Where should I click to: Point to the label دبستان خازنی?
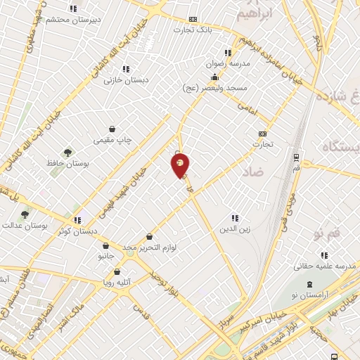[x=127, y=79]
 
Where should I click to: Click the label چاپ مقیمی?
[x=112, y=140]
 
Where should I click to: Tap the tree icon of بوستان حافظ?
[x=67, y=152]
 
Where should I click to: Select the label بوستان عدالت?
[x=25, y=226]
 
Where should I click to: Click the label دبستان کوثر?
[x=77, y=231]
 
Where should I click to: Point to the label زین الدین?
[x=235, y=229]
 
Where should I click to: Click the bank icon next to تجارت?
[x=263, y=134]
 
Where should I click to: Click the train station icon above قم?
[x=296, y=157]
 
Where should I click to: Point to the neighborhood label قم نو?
[x=329, y=232]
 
